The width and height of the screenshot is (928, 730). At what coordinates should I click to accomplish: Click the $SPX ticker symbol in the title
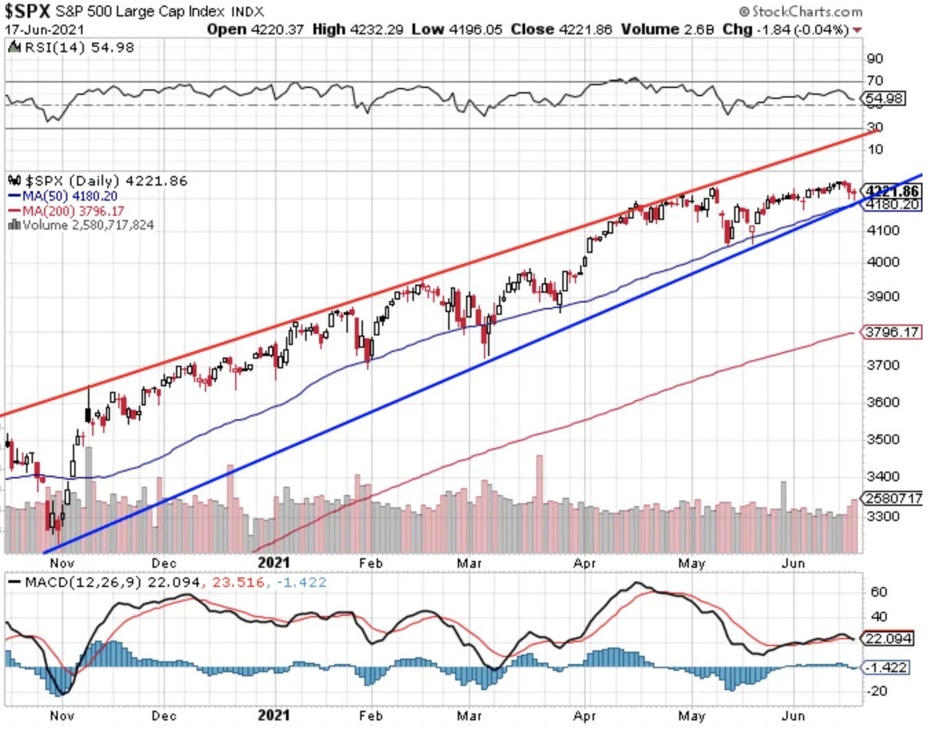[27, 11]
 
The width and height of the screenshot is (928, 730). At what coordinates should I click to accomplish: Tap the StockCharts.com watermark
[801, 12]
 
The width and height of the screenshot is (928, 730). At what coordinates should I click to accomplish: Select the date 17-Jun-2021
[45, 30]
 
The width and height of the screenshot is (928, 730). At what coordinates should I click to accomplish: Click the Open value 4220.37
[277, 30]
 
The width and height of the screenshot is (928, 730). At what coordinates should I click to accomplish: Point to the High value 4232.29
[377, 30]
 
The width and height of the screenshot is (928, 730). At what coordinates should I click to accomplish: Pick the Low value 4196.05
[476, 30]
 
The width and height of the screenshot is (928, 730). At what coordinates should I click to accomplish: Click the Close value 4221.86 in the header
[586, 30]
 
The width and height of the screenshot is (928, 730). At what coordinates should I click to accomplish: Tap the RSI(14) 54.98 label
[79, 47]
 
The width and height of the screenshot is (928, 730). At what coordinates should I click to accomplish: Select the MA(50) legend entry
[63, 196]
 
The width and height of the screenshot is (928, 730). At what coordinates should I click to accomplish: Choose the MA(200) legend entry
[67, 211]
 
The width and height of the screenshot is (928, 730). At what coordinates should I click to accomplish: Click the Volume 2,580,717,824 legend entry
[81, 225]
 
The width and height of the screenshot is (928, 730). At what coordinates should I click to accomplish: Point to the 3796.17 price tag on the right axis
[891, 332]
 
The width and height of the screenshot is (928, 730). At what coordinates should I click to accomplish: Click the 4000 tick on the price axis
[883, 262]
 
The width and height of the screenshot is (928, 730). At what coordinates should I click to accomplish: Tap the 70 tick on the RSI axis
[875, 80]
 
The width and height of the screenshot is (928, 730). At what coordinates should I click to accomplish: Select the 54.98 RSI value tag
[883, 98]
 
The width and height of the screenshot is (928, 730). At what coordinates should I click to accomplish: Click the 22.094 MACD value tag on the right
[887, 638]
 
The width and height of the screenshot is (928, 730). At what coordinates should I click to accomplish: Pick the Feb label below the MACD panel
[371, 716]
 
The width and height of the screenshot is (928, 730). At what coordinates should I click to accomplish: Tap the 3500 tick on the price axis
[883, 439]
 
